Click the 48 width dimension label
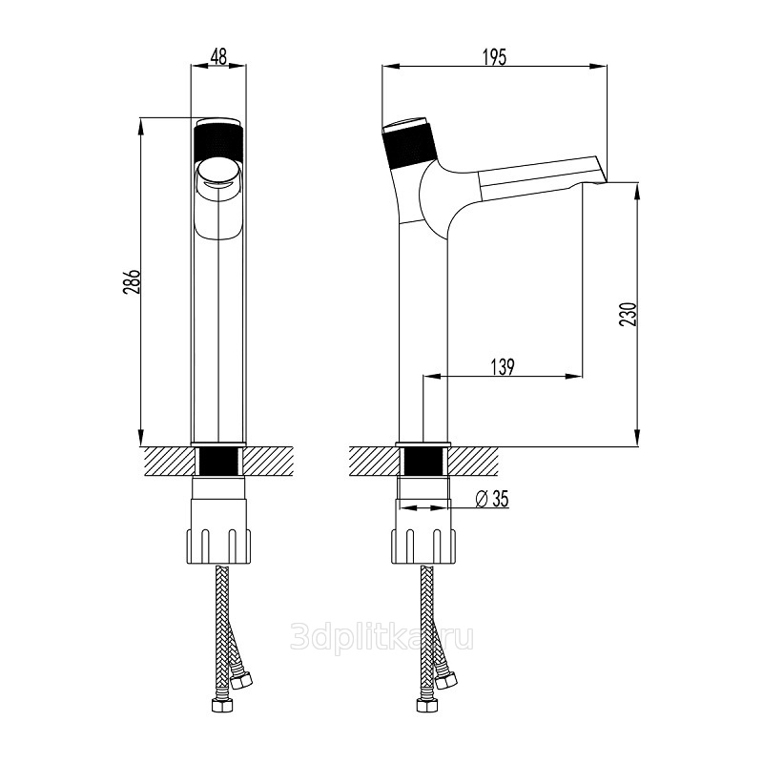pyautogui.click(x=218, y=56)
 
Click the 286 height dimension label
pyautogui.click(x=132, y=281)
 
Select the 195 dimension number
pyautogui.click(x=494, y=57)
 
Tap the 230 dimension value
pyautogui.click(x=628, y=314)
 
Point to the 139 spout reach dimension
pyautogui.click(x=503, y=367)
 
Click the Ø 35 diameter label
pyautogui.click(x=492, y=499)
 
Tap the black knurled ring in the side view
pyautogui.click(x=410, y=146)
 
